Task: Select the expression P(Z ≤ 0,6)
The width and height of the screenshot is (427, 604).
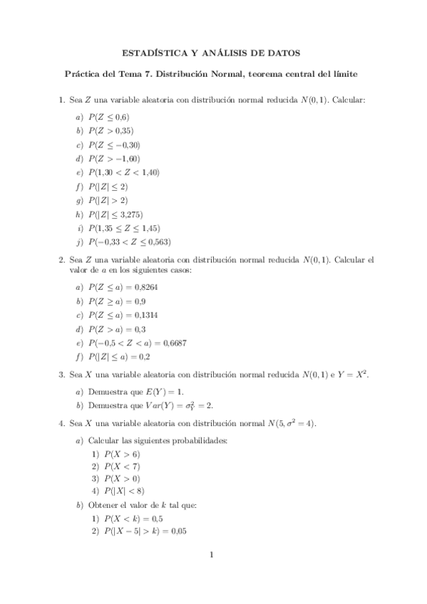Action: (110, 117)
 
